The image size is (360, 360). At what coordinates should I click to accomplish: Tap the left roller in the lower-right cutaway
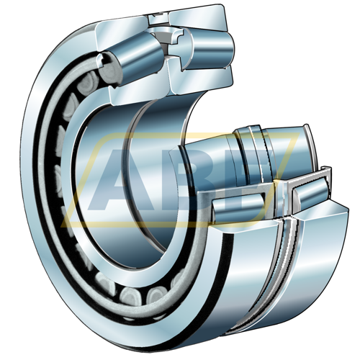(238, 207)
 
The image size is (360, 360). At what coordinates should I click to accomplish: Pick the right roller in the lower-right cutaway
(312, 192)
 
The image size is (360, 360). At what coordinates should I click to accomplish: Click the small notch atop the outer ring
(158, 19)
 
